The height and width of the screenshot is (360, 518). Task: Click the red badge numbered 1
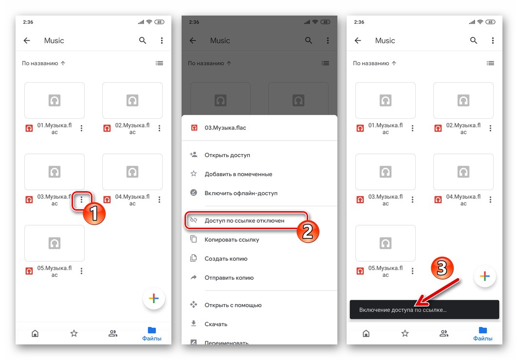pyautogui.click(x=94, y=213)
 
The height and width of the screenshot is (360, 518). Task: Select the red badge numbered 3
pyautogui.click(x=443, y=268)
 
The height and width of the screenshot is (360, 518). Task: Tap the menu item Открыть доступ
pyautogui.click(x=227, y=155)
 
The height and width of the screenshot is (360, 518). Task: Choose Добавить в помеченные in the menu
pyautogui.click(x=238, y=174)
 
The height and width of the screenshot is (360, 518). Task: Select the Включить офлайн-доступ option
pyautogui.click(x=241, y=193)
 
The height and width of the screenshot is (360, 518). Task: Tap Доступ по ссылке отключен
pyautogui.click(x=244, y=220)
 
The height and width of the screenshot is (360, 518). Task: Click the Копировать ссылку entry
pyautogui.click(x=232, y=239)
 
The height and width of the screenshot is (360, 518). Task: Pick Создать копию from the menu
pyautogui.click(x=226, y=259)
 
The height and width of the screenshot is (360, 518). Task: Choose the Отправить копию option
pyautogui.click(x=229, y=278)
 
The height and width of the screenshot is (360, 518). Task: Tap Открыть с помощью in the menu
pyautogui.click(x=233, y=305)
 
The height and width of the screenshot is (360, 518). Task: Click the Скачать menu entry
pyautogui.click(x=216, y=324)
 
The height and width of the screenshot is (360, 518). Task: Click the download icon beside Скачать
pyautogui.click(x=194, y=324)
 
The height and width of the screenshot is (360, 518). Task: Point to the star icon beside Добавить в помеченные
pyautogui.click(x=194, y=174)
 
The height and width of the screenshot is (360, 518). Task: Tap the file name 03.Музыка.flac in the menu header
pyautogui.click(x=225, y=127)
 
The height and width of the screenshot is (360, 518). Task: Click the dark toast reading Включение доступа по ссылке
pyautogui.click(x=424, y=309)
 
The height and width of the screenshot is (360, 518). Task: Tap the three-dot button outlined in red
pyautogui.click(x=81, y=199)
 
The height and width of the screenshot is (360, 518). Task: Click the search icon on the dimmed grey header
pyautogui.click(x=309, y=40)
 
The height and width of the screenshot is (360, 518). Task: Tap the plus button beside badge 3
pyautogui.click(x=484, y=276)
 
